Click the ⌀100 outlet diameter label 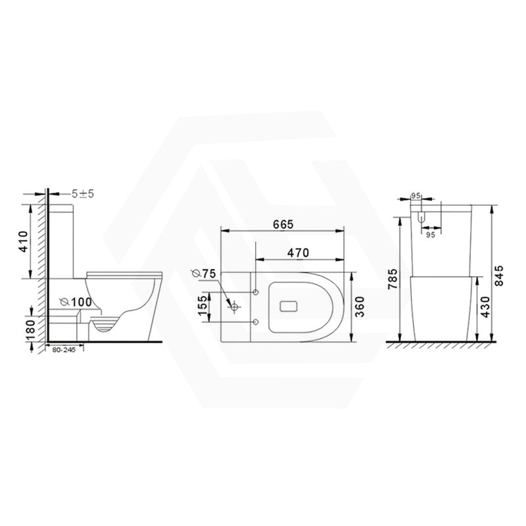[74, 302]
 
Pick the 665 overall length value [282, 224]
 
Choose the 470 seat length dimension [299, 252]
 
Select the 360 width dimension [358, 306]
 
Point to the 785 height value [393, 279]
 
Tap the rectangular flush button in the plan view [290, 306]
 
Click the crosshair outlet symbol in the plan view [233, 306]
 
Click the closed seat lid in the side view [124, 272]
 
